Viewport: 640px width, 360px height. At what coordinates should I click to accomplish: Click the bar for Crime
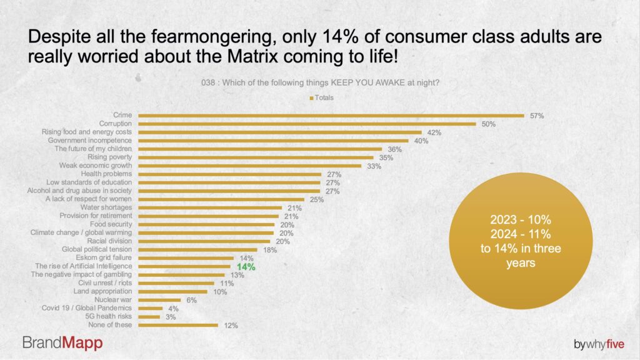[x=331, y=116]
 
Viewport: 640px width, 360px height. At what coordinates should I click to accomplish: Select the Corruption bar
[x=307, y=124]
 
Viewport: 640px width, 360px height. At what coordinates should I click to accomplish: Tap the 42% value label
[x=434, y=132]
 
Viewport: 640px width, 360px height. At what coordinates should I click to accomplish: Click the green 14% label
[x=246, y=266]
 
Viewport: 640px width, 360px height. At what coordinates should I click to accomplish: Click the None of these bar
[x=178, y=325]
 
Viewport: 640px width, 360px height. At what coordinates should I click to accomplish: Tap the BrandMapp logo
[x=62, y=342]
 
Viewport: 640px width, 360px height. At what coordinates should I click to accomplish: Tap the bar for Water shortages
[x=213, y=207]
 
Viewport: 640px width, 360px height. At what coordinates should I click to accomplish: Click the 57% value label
[x=537, y=116]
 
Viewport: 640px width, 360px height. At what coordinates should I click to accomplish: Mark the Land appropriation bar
[x=172, y=291]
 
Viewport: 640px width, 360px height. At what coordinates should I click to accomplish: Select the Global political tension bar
[x=197, y=249]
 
